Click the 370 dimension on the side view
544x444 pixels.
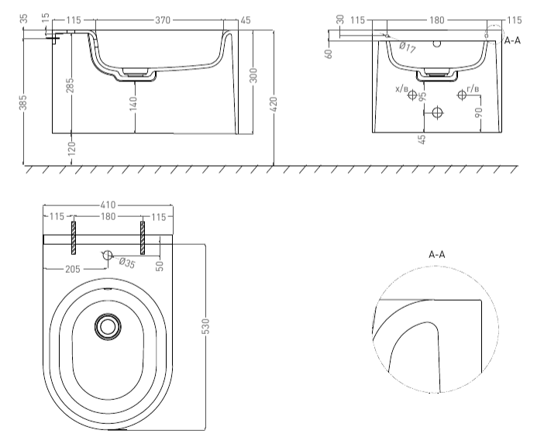point(163,20)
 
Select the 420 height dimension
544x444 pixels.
point(274,105)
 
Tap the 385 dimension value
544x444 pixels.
point(23,102)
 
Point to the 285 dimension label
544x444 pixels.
point(70,85)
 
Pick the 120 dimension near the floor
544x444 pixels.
point(72,149)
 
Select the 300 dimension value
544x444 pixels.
point(253,75)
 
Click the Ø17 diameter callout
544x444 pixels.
point(407,47)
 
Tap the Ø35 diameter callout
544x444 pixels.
point(126,263)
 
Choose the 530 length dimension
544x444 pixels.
point(206,326)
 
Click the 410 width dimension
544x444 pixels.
point(108,205)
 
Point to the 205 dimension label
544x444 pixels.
point(73,269)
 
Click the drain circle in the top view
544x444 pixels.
point(108,326)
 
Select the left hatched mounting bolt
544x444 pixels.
point(74,238)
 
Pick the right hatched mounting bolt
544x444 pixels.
point(143,238)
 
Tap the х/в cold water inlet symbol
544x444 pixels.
point(412,95)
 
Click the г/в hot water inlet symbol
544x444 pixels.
point(462,95)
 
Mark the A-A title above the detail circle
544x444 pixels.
point(437,255)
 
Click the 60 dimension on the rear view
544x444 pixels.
point(329,53)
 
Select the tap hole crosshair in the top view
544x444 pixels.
point(108,255)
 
